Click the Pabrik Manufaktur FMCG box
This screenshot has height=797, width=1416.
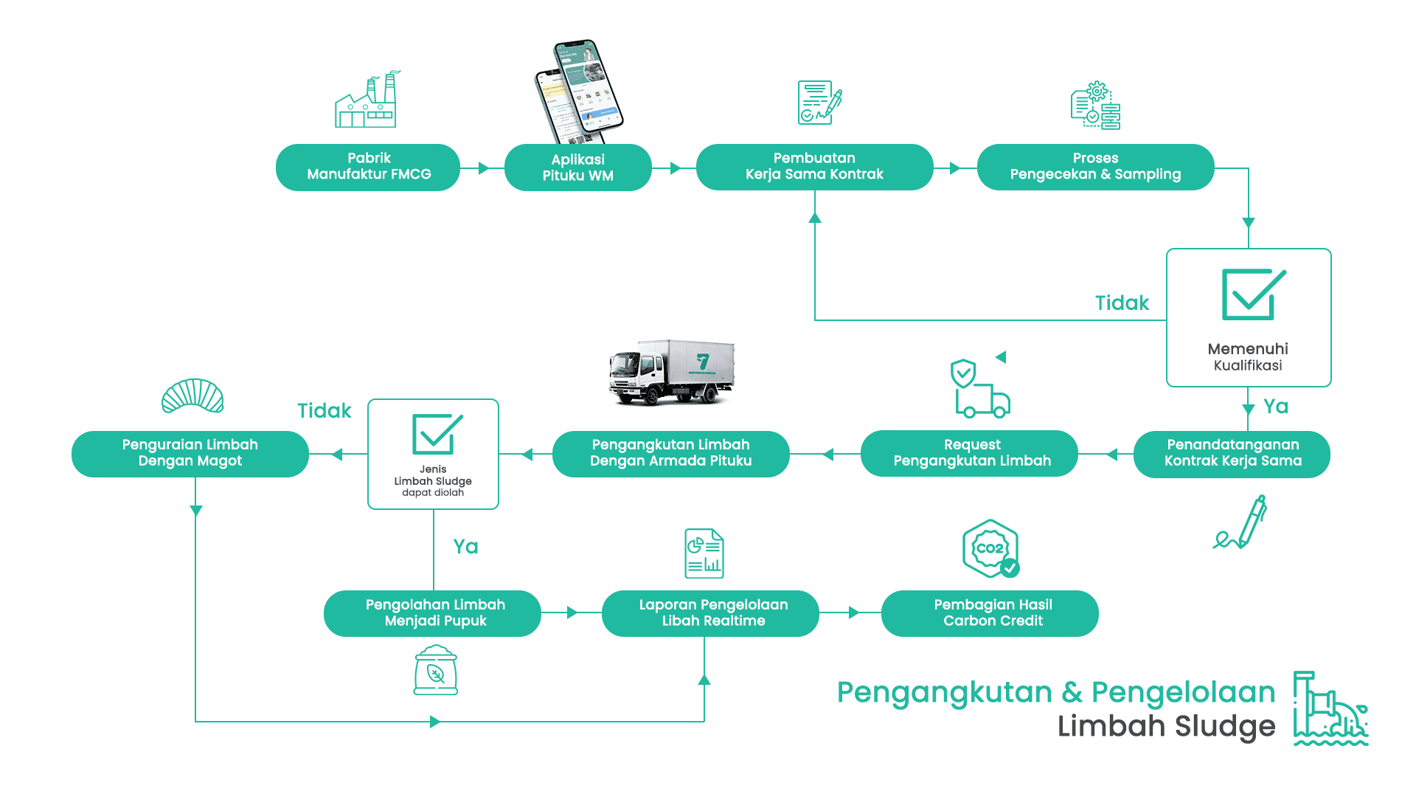(x=368, y=167)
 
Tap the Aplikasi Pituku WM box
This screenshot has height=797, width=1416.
(x=577, y=168)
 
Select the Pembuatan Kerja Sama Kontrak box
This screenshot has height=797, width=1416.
(x=814, y=167)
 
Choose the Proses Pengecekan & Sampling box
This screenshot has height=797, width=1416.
(x=1095, y=167)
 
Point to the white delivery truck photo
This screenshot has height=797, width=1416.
(x=671, y=372)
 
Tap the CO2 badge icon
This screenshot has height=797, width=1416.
(x=990, y=549)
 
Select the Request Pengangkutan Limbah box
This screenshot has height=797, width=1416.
(x=971, y=453)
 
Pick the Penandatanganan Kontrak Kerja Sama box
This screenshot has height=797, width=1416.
(x=1232, y=453)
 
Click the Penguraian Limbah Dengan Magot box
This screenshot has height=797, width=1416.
(x=190, y=453)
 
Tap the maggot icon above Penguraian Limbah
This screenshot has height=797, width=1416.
(x=192, y=396)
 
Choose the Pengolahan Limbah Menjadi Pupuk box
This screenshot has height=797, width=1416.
(x=434, y=613)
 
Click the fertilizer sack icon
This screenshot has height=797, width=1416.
(x=436, y=670)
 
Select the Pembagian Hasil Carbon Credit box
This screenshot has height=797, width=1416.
(x=992, y=613)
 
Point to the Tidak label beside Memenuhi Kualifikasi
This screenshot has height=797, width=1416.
(x=1122, y=303)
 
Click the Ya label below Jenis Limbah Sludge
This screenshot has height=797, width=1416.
(x=465, y=547)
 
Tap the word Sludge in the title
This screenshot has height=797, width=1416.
(x=1225, y=726)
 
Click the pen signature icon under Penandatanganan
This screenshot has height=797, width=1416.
(x=1241, y=522)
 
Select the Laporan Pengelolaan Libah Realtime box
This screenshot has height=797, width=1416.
(x=712, y=613)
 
